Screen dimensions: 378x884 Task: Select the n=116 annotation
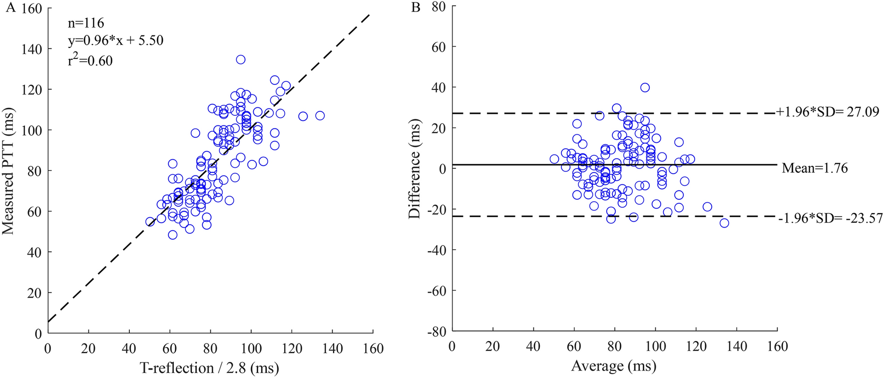(x=86, y=23)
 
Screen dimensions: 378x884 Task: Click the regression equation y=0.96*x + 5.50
(x=115, y=40)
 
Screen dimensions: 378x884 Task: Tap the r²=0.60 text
(x=90, y=60)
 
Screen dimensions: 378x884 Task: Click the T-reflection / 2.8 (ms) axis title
(x=209, y=368)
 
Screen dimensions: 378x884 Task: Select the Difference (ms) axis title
(x=414, y=170)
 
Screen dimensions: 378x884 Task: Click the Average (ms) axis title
(x=613, y=367)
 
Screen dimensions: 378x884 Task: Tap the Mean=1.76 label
(x=815, y=168)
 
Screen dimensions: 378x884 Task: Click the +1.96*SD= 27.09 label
(x=827, y=112)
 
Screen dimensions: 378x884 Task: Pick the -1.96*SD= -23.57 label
(x=830, y=219)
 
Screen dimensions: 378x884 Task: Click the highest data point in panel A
(x=241, y=59)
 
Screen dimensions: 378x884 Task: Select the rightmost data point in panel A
(x=320, y=115)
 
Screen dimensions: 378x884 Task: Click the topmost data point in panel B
(x=645, y=87)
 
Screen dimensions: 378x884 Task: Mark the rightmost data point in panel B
(x=724, y=223)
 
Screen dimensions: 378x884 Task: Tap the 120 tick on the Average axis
(x=696, y=347)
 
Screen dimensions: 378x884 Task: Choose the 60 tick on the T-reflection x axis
(x=170, y=348)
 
